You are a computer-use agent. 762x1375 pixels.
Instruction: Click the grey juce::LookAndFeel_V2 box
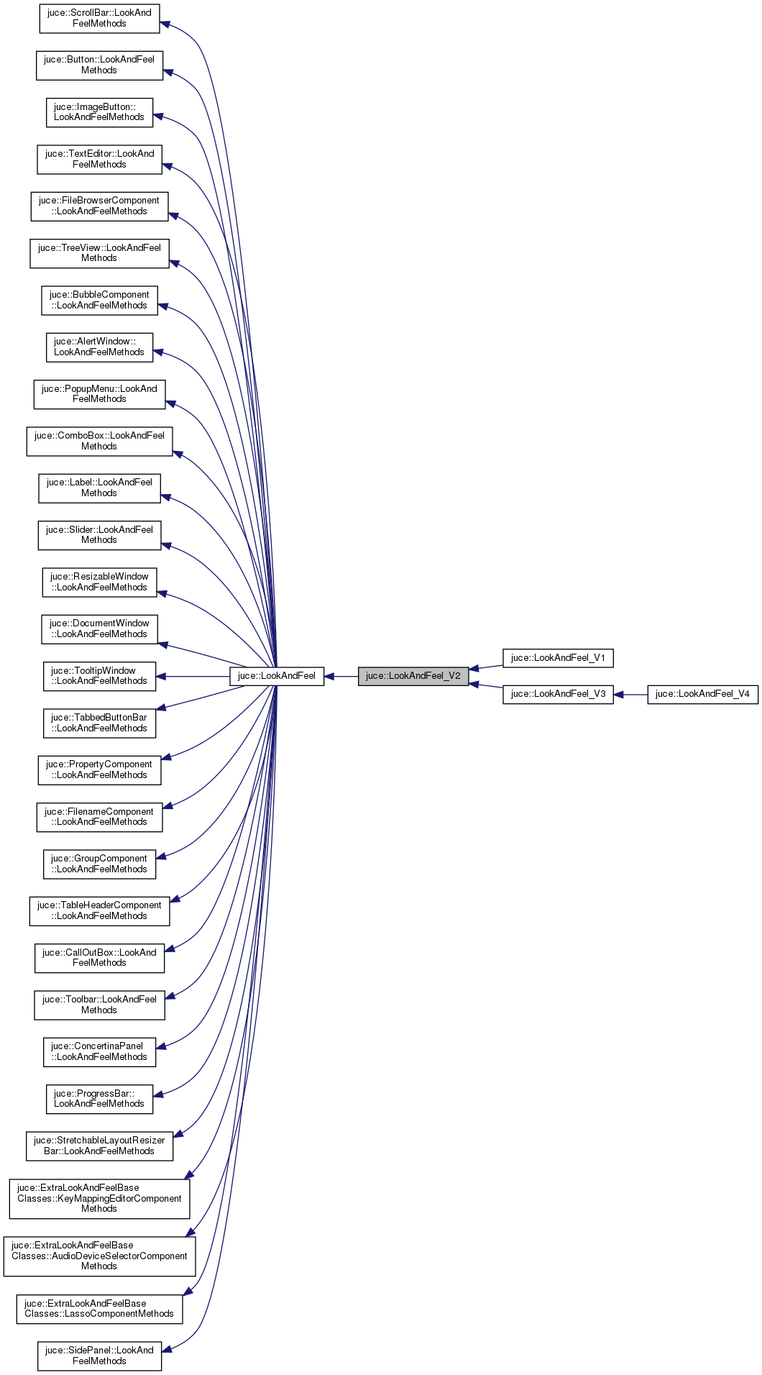[413, 676]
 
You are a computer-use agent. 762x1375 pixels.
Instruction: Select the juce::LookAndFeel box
[277, 676]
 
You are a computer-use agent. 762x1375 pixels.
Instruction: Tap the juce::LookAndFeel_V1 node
[558, 658]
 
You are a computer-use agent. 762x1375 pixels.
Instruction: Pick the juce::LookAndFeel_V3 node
[558, 694]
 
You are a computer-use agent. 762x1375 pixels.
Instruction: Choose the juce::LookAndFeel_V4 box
[702, 694]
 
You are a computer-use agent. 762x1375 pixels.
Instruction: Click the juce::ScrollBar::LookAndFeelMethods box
[99, 18]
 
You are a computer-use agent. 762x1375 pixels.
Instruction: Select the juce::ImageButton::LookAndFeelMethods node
[99, 112]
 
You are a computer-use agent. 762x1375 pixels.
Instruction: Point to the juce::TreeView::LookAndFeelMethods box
[99, 253]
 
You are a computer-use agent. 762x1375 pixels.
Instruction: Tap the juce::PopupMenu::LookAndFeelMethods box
[99, 394]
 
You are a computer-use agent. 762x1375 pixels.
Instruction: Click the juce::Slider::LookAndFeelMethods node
[99, 535]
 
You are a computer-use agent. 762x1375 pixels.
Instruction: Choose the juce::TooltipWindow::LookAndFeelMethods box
[99, 676]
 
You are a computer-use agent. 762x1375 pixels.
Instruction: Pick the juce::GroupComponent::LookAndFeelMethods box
[99, 864]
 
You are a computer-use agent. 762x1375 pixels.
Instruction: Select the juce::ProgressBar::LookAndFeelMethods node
[99, 1099]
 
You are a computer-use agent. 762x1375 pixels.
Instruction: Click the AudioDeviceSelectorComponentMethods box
[99, 1256]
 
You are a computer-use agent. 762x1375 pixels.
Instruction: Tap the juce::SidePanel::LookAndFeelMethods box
[99, 1356]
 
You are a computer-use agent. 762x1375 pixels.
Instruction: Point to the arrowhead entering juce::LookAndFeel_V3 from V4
[619, 695]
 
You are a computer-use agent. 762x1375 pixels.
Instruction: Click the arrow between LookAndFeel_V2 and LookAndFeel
[342, 676]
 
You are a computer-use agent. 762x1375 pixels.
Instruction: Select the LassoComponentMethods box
[99, 1309]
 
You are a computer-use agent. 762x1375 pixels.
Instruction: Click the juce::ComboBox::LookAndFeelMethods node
[99, 441]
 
